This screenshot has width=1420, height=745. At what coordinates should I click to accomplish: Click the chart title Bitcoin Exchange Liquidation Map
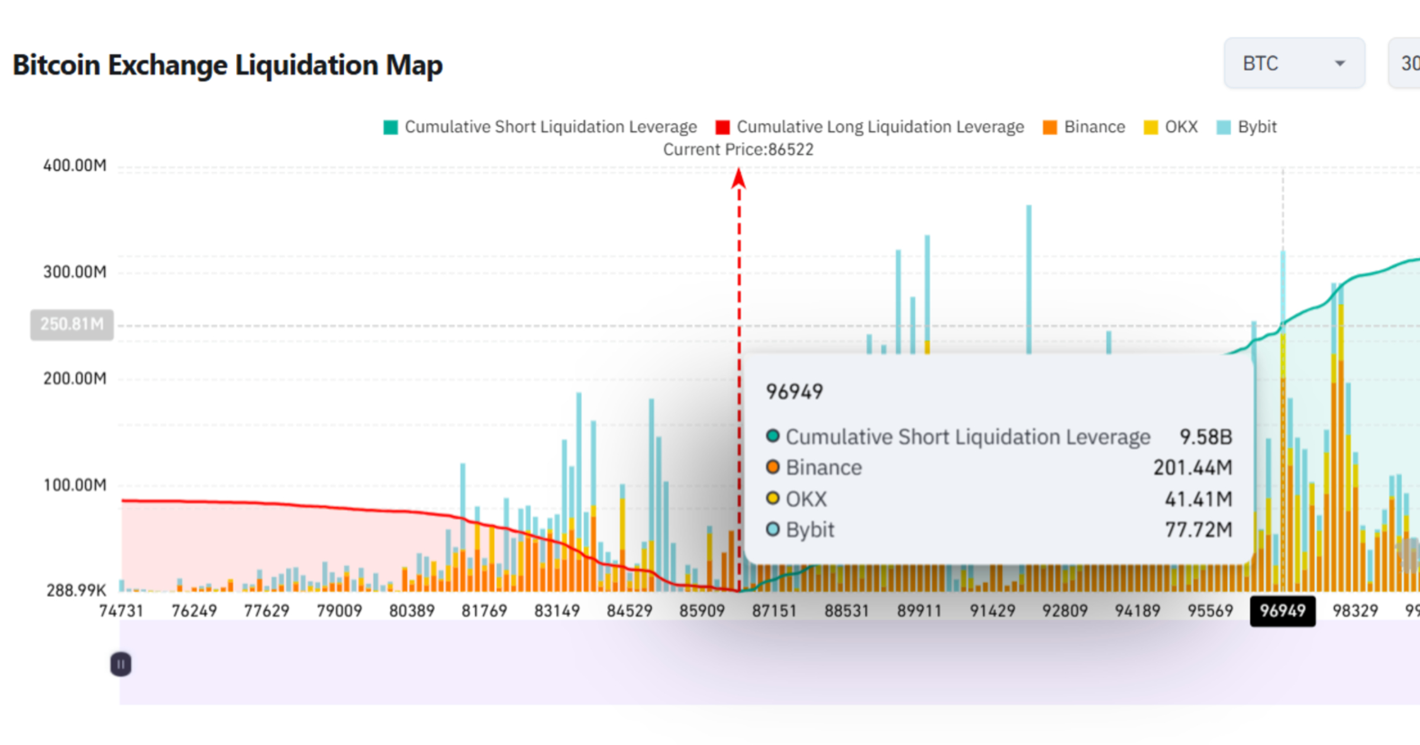[x=227, y=65]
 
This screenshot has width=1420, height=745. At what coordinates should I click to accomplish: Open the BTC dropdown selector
[x=1294, y=63]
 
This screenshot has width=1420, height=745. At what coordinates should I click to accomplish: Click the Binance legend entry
[x=1084, y=127]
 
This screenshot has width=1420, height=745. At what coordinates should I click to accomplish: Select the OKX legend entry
[x=1171, y=127]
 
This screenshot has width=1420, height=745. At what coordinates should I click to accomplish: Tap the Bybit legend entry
[x=1247, y=127]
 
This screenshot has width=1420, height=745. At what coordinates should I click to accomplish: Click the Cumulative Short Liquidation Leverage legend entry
[x=540, y=127]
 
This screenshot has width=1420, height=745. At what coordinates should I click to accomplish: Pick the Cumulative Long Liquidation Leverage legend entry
[x=870, y=127]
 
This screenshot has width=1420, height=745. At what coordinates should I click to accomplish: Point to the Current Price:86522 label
[x=738, y=150]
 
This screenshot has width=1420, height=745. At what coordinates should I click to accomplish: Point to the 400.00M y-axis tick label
[x=75, y=166]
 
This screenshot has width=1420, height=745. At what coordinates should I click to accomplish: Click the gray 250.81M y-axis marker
[x=72, y=324]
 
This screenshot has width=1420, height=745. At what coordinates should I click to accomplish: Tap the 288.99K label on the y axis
[x=76, y=590]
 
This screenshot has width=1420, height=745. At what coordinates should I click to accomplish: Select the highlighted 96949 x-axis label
[x=1282, y=611]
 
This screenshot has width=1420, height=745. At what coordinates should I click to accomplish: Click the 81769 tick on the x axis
[x=484, y=611]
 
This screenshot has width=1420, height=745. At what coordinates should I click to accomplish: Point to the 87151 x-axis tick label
[x=774, y=611]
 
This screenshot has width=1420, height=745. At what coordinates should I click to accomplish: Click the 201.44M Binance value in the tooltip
[x=1192, y=468]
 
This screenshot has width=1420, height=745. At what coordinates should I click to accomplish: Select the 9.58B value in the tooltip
[x=1205, y=437]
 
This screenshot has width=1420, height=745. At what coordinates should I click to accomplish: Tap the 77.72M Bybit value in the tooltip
[x=1198, y=530]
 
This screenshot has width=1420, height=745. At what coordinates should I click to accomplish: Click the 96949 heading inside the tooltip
[x=794, y=391]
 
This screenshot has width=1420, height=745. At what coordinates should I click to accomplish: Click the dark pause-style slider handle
[x=121, y=665]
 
